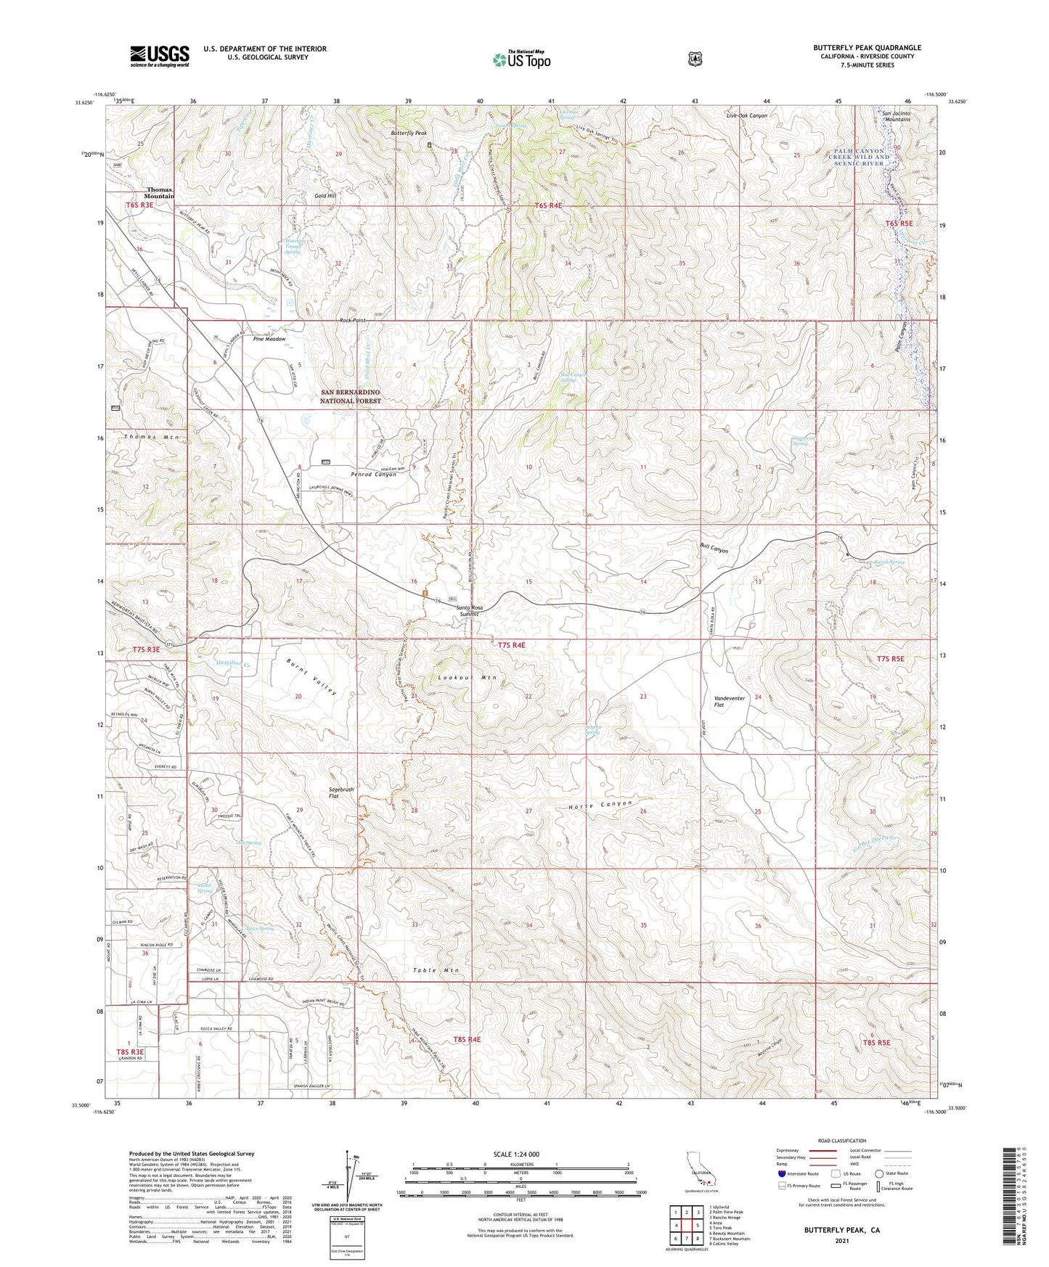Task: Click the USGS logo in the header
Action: click(x=160, y=55)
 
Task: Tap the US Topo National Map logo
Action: click(x=521, y=60)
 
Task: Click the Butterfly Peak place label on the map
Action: click(x=409, y=134)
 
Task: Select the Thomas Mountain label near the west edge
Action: click(x=159, y=193)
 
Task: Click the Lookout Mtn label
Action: click(x=467, y=678)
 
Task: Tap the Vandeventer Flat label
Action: click(x=730, y=701)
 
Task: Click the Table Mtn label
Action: click(x=436, y=970)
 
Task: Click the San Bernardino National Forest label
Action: click(x=351, y=396)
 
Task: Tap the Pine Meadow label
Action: click(x=269, y=339)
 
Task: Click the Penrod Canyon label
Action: click(x=373, y=474)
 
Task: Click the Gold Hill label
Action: click(x=325, y=196)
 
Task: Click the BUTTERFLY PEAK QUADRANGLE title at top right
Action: click(x=867, y=48)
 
